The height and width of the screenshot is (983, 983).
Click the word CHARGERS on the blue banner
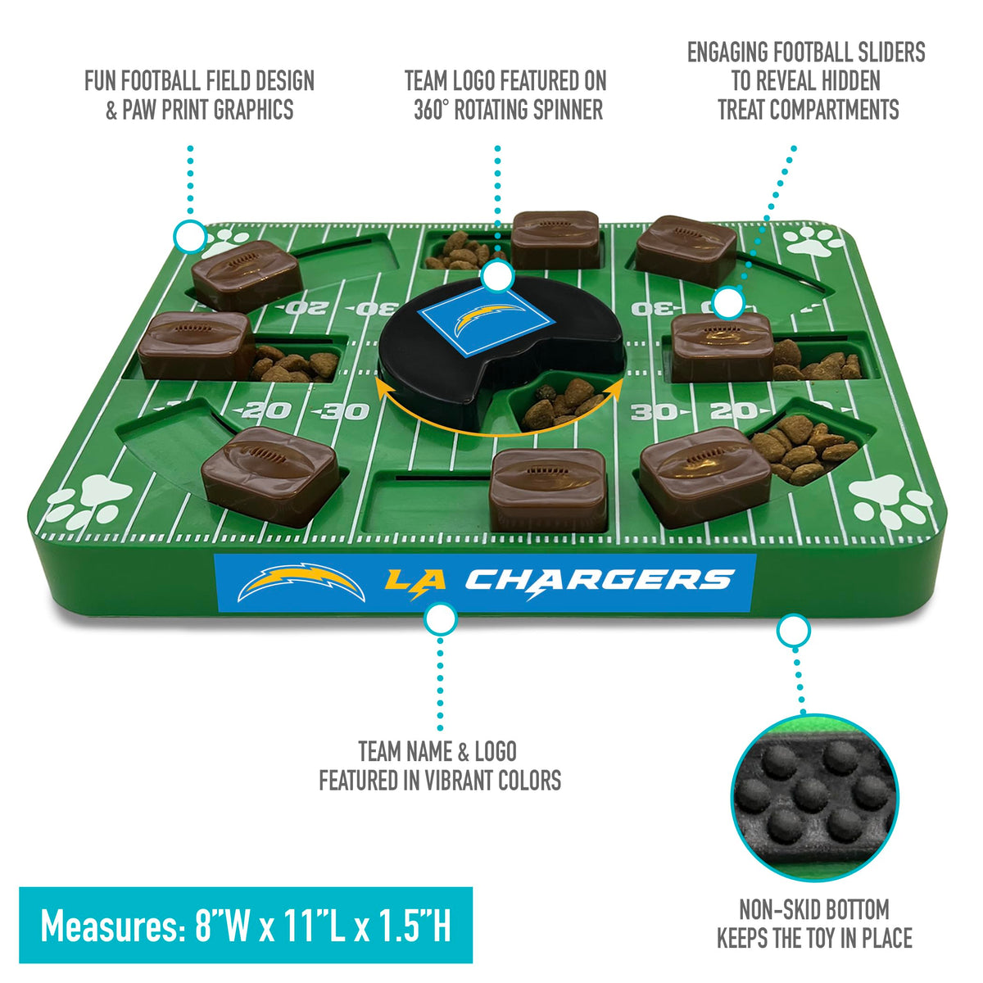[600, 582]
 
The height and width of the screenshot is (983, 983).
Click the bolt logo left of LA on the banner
[301, 582]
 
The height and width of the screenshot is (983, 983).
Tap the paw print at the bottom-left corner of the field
[87, 501]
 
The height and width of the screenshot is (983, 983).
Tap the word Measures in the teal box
[113, 926]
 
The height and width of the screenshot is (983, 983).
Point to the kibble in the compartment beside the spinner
[564, 405]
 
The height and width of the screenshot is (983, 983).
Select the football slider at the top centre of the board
[555, 239]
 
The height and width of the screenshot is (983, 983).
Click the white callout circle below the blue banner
[440, 618]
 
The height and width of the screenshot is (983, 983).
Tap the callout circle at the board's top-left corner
[190, 236]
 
